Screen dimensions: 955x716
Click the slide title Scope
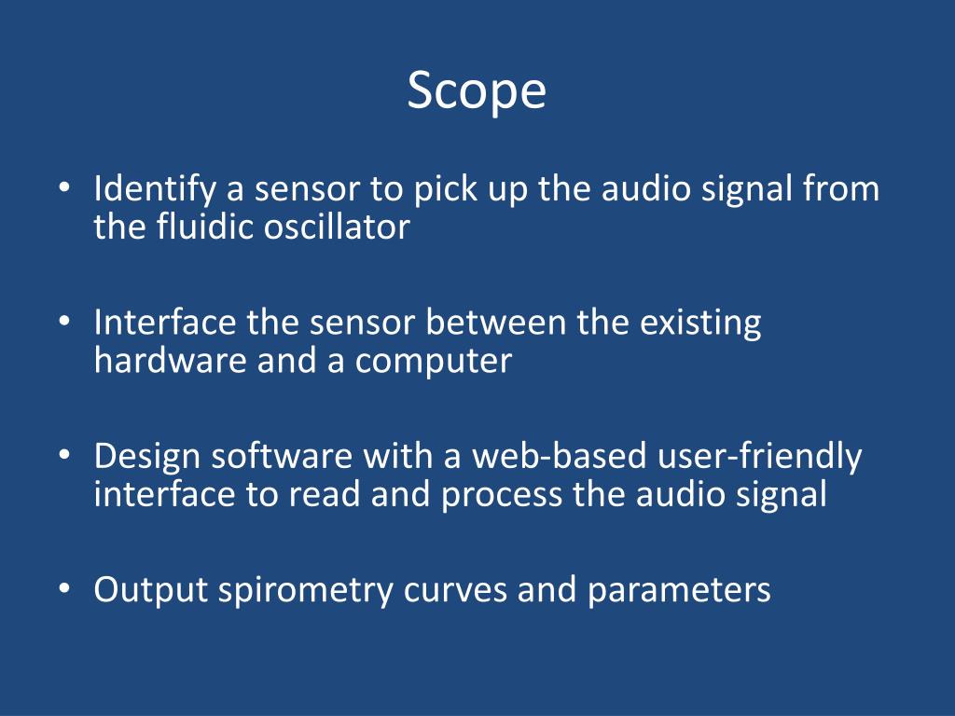[x=476, y=90]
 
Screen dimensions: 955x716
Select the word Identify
[x=155, y=190]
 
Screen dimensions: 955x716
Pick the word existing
[x=700, y=324]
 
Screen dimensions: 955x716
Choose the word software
[x=280, y=457]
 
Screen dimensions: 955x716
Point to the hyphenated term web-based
[x=559, y=457]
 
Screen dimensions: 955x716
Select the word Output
[x=150, y=591]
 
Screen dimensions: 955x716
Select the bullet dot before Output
[x=63, y=591]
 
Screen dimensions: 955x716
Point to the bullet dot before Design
[x=63, y=458]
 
